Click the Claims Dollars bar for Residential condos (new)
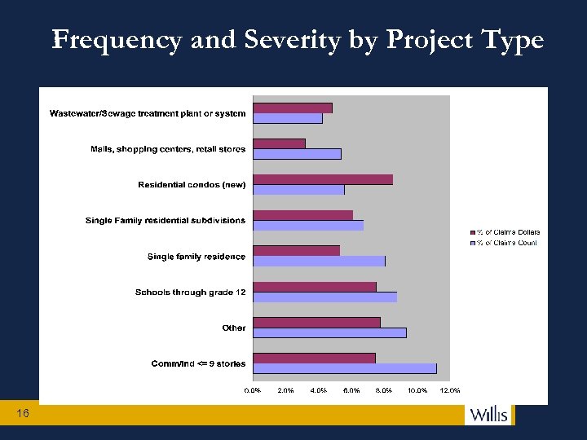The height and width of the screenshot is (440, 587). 323,179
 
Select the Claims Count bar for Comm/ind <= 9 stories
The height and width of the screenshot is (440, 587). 345,368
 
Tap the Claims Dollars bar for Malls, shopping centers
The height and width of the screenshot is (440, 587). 279,143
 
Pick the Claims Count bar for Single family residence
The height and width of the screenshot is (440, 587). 319,261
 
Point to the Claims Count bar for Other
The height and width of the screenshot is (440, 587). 329,332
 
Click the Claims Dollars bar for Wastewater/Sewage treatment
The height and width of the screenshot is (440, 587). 293,108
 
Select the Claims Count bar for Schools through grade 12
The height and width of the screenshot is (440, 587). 324,297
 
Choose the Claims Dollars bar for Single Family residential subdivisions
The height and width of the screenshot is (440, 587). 302,215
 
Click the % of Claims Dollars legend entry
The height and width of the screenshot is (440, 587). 507,232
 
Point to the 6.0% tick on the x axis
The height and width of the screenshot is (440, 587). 351,390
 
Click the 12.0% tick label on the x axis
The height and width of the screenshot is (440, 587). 449,390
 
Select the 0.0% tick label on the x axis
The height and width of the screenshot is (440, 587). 254,390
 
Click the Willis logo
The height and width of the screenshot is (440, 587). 488,414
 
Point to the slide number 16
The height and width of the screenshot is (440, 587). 22,414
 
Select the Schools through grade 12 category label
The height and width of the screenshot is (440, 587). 190,293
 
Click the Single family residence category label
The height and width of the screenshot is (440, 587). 196,257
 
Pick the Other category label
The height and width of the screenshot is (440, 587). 233,328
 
